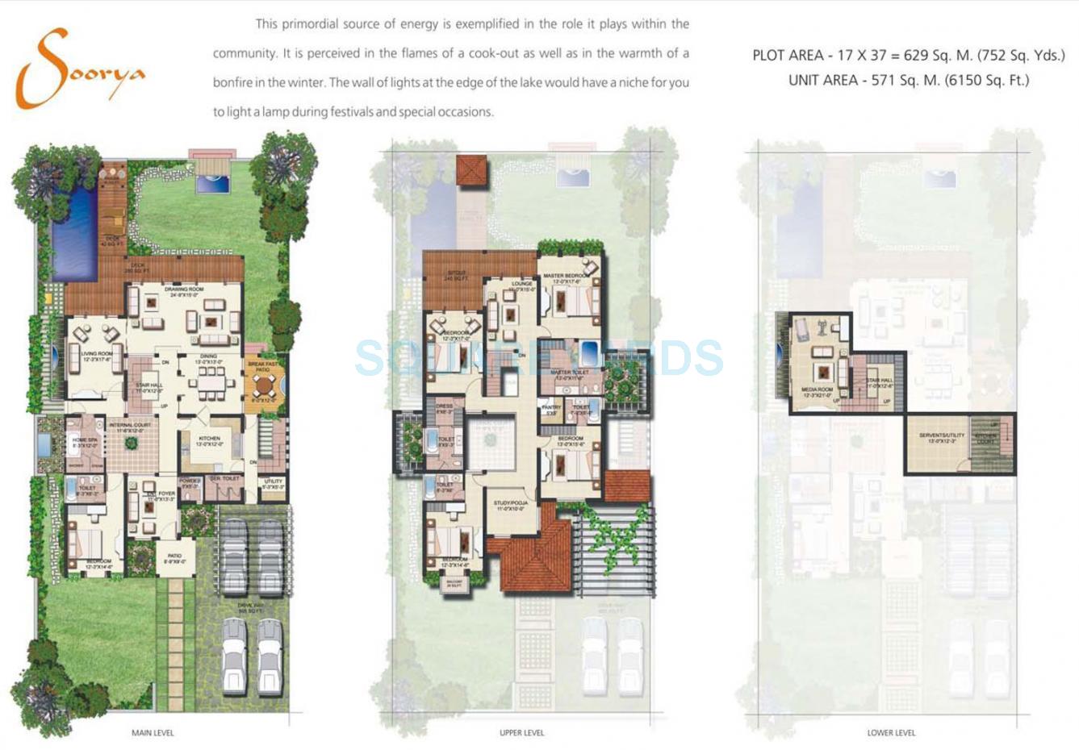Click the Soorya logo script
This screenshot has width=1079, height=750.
77,69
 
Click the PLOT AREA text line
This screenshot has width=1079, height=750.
908,56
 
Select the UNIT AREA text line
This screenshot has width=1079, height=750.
908,80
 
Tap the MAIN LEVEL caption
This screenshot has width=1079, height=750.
153,733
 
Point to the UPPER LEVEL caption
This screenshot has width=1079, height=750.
521,733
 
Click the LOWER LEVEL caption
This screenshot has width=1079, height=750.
891,733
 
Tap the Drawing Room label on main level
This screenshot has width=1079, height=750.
185,290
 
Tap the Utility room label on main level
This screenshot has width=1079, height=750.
273,483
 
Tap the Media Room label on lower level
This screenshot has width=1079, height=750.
818,391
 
